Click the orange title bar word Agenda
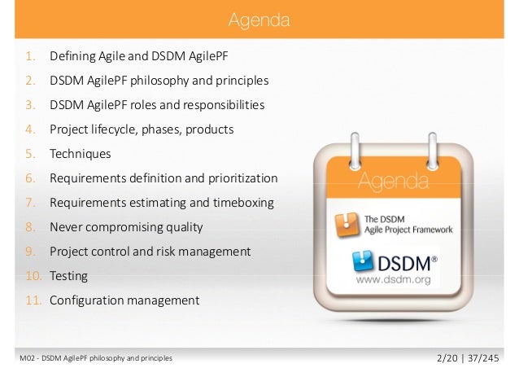pyautogui.click(x=259, y=18)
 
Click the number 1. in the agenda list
pyautogui.click(x=30, y=57)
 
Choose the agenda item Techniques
pyautogui.click(x=80, y=154)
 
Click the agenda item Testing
pyautogui.click(x=68, y=276)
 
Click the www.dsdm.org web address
pyautogui.click(x=394, y=278)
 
